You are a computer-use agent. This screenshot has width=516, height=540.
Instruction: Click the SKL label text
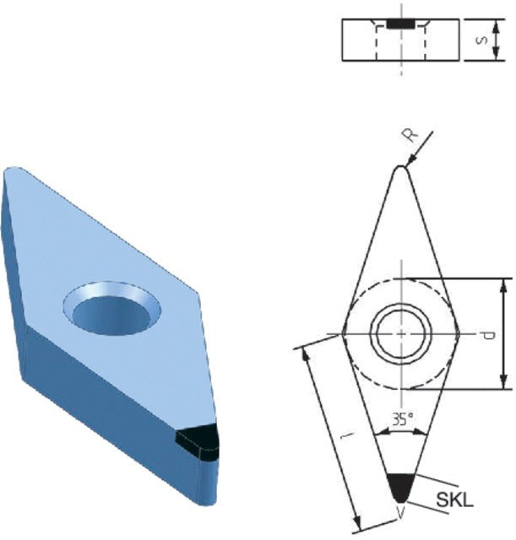tap(455, 500)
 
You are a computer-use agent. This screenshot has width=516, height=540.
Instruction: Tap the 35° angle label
tap(402, 419)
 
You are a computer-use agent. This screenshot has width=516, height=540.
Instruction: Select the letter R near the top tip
tap(410, 136)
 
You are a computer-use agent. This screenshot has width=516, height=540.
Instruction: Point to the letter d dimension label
tap(488, 334)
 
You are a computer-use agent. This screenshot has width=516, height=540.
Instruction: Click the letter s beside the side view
tap(481, 40)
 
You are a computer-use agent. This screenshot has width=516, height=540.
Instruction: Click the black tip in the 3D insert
tap(198, 442)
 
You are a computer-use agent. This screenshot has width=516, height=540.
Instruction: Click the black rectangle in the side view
tap(400, 24)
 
